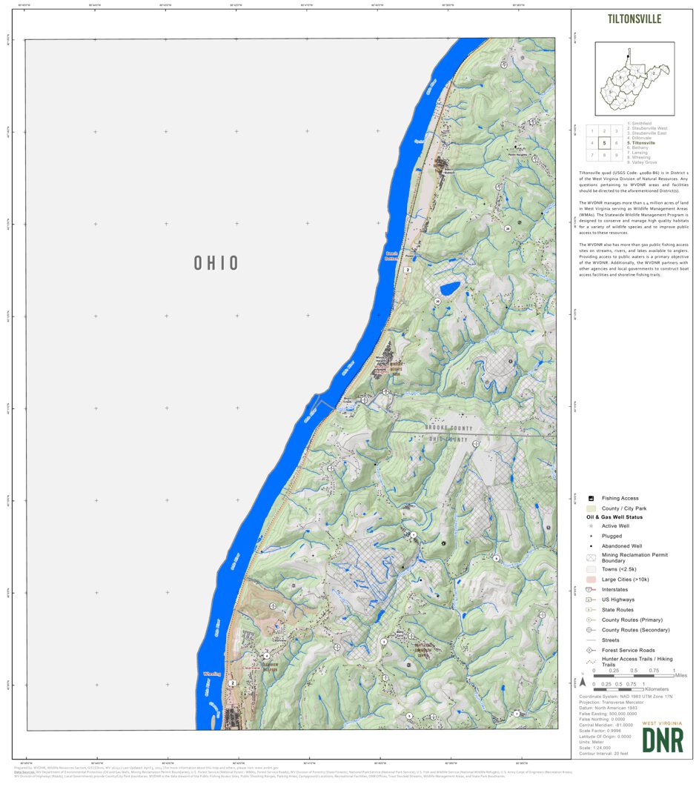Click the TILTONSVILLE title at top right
634,19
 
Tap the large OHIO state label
216,263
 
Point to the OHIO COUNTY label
448,439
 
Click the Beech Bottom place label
391,255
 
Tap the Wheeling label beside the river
211,674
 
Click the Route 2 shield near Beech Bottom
408,270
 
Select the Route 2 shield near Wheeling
233,683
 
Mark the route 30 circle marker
438,302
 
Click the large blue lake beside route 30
448,288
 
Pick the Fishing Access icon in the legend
591,498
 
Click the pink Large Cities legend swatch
591,579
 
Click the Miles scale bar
634,676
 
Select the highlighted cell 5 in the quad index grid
605,143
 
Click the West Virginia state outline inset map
634,78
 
